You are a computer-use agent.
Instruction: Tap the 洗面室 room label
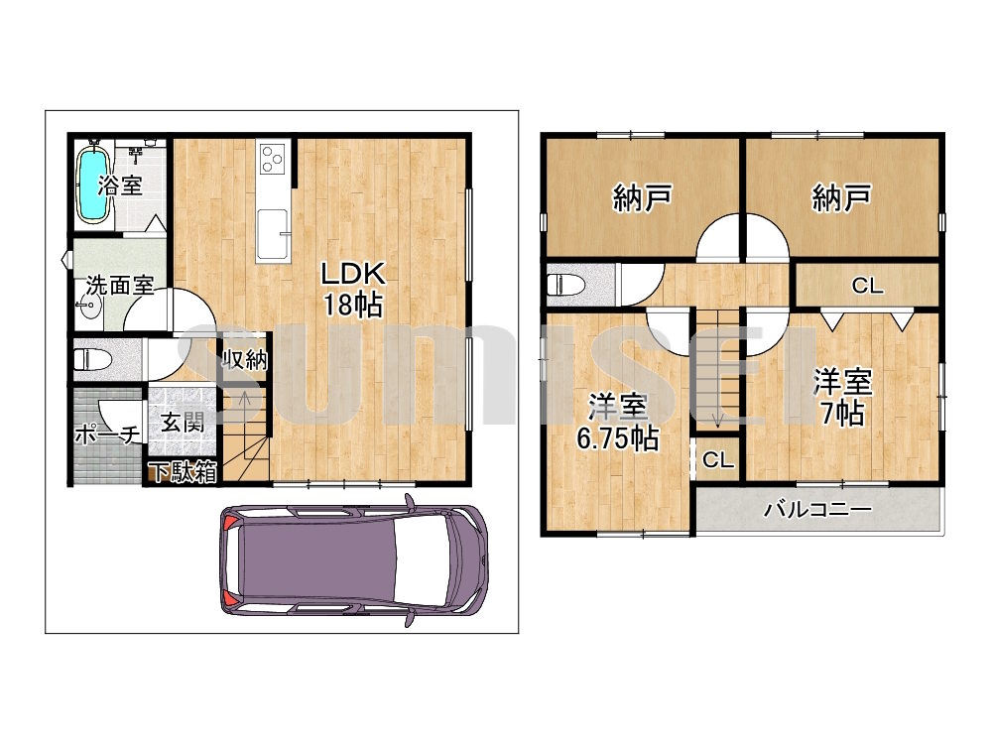point(120,286)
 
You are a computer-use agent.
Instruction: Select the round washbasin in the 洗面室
point(90,309)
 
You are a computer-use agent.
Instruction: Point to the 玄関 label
point(183,422)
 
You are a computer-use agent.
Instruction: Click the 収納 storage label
point(245,360)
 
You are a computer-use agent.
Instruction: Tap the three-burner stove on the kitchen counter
point(274,159)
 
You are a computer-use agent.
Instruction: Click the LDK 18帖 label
point(353,289)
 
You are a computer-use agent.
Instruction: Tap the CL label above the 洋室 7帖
point(867,286)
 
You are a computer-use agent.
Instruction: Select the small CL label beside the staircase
point(718,459)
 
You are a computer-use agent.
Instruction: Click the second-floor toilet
point(566,285)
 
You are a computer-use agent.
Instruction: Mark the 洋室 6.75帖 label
point(617,422)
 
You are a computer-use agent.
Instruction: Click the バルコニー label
point(817,509)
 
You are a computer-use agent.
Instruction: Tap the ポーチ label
point(107,434)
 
